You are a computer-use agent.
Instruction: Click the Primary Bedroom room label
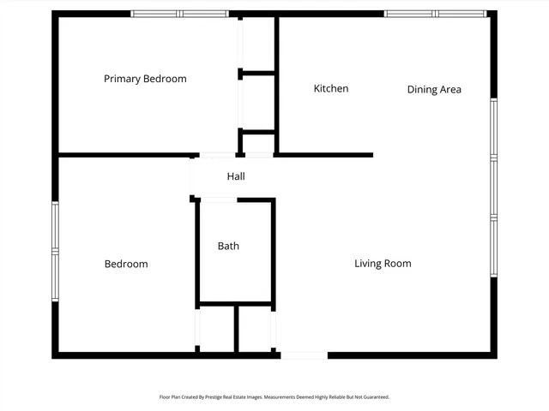point(145,79)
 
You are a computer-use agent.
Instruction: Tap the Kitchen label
point(330,88)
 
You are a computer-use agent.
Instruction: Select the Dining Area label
point(434,89)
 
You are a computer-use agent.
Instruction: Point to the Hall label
point(236,176)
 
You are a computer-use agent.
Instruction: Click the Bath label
point(228,246)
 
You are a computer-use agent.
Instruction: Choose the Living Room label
point(383,264)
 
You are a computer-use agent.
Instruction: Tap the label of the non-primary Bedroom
point(126,264)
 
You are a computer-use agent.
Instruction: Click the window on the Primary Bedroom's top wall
point(179,14)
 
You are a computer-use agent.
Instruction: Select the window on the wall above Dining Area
point(436,14)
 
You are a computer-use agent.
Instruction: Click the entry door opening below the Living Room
point(304,354)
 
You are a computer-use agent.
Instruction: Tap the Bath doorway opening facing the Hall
point(218,200)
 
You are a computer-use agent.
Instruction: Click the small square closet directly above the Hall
point(257,143)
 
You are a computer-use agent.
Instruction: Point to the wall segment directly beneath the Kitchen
point(324,155)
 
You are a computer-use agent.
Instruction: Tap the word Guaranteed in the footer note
point(372,397)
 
